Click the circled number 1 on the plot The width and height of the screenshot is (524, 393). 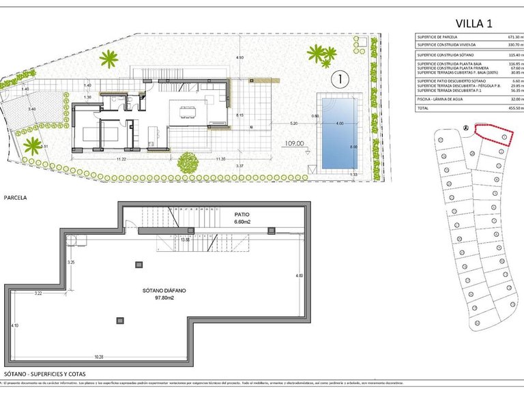tap(338, 79)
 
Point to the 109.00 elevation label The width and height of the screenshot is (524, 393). tap(294, 144)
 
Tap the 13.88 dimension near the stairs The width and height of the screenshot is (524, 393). tap(185, 239)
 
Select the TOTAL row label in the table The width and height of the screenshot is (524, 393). tap(424, 108)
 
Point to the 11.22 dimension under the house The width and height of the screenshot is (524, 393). tap(121, 159)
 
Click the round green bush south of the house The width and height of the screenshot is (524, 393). tap(186, 162)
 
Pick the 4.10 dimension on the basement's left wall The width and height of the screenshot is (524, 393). tap(15, 326)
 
